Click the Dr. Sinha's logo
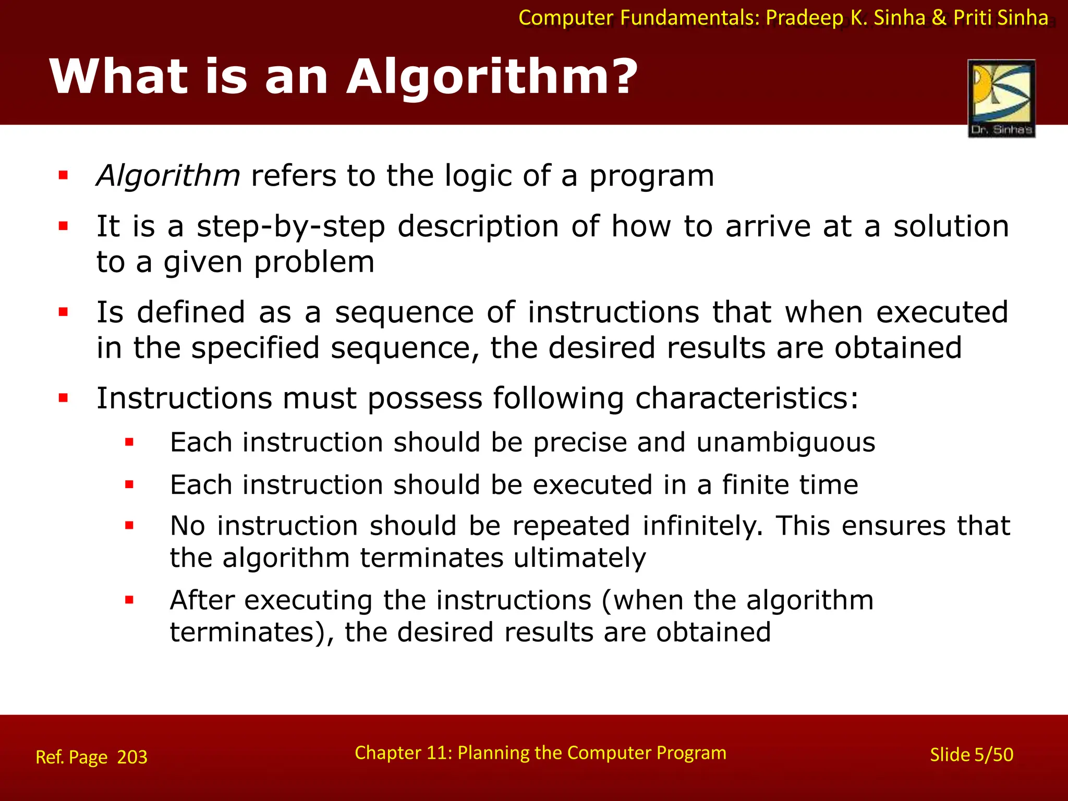pyautogui.click(x=1001, y=98)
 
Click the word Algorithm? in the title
pyautogui.click(x=492, y=77)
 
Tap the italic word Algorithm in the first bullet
pyautogui.click(x=168, y=176)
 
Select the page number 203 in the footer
pyautogui.click(x=132, y=757)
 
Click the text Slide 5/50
pyautogui.click(x=972, y=755)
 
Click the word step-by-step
pyautogui.click(x=290, y=227)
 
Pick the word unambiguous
pyautogui.click(x=785, y=443)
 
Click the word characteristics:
pyautogui.click(x=746, y=398)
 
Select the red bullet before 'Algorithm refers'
pyautogui.click(x=64, y=175)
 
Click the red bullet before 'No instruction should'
pyautogui.click(x=129, y=526)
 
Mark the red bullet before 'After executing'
pyautogui.click(x=129, y=600)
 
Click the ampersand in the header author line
pyautogui.click(x=939, y=18)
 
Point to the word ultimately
pyautogui.click(x=579, y=558)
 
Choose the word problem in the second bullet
pyautogui.click(x=314, y=262)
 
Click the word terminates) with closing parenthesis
pyautogui.click(x=252, y=633)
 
